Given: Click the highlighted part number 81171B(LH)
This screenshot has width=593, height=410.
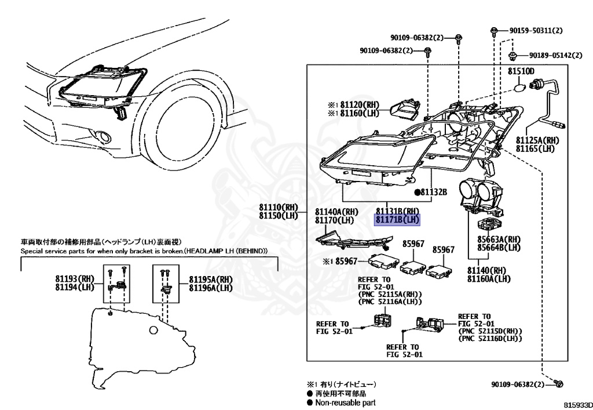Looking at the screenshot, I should (397, 220).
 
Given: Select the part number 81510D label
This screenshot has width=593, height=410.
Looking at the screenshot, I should (521, 71).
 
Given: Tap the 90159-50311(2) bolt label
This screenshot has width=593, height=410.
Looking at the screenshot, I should (536, 30).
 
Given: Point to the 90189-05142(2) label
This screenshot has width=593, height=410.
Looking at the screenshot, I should (555, 56).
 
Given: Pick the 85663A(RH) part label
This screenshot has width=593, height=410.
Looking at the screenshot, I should (499, 239).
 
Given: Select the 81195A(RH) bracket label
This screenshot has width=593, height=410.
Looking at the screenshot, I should (211, 279).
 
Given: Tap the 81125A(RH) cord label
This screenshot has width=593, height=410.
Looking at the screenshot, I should (537, 140).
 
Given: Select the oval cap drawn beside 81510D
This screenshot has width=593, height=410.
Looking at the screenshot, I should (521, 88).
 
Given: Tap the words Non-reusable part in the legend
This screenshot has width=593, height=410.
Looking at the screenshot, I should (345, 402).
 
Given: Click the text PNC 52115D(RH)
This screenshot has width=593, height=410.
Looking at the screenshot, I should (489, 331).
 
